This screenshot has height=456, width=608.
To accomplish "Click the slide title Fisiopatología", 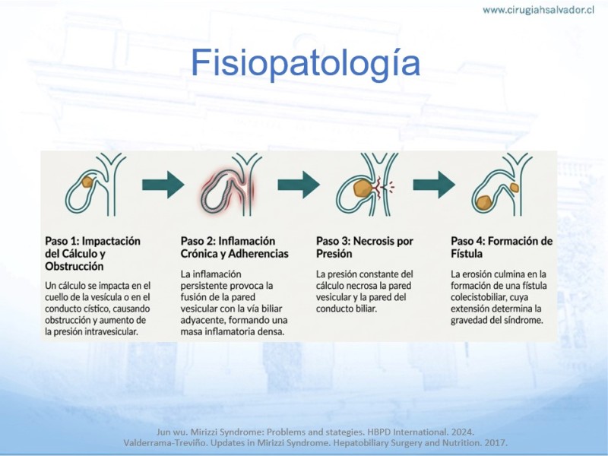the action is pos(306,63).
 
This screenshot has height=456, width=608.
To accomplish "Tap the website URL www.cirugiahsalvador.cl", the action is pos(538,10).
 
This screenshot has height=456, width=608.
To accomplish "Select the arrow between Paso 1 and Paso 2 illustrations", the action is pos(163,185).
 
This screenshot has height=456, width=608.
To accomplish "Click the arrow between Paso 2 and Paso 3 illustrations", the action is pos(299,185).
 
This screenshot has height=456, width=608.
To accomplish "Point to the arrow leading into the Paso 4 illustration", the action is pos(434,185).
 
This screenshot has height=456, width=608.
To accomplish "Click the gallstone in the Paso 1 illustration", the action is pos(87,182).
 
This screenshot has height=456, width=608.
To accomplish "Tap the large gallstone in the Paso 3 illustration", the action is pos(363,188).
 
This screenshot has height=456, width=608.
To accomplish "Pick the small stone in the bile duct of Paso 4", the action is pos(515,188).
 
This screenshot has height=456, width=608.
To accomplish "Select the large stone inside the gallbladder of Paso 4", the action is pos(483,203).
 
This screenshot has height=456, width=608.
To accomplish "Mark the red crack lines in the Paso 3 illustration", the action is pos(382,188).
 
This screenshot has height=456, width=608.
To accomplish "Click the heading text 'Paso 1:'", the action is pos(62,241).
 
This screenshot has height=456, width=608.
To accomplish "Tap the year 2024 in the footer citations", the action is pos(463,432).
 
